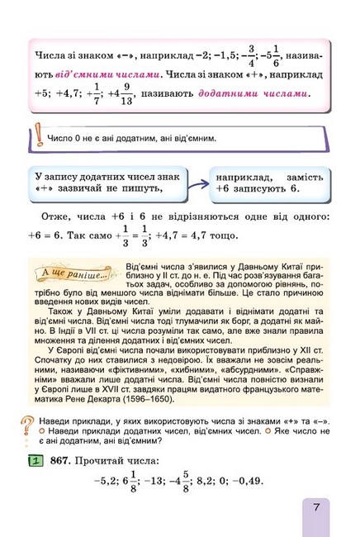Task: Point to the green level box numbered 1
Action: click(36, 461)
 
